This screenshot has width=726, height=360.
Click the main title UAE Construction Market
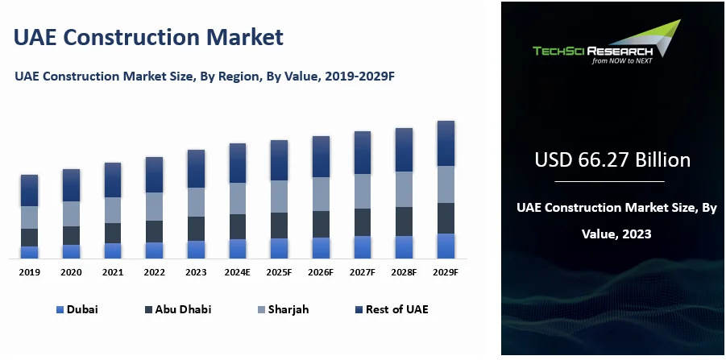(x=148, y=37)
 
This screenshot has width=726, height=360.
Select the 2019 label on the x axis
(x=30, y=273)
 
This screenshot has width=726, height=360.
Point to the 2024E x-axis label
(x=237, y=273)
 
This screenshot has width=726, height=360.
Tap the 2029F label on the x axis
(x=445, y=273)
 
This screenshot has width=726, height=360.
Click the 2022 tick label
(x=154, y=273)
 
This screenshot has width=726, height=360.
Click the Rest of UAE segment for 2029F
(x=446, y=143)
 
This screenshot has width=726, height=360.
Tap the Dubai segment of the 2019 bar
(x=30, y=252)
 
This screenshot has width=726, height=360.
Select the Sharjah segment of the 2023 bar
(x=196, y=202)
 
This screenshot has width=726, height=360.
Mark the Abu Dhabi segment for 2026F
(x=321, y=224)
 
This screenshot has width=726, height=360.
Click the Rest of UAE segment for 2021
(x=113, y=180)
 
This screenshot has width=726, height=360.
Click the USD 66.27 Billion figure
(x=612, y=160)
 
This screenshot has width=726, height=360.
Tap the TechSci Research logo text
(x=592, y=51)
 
